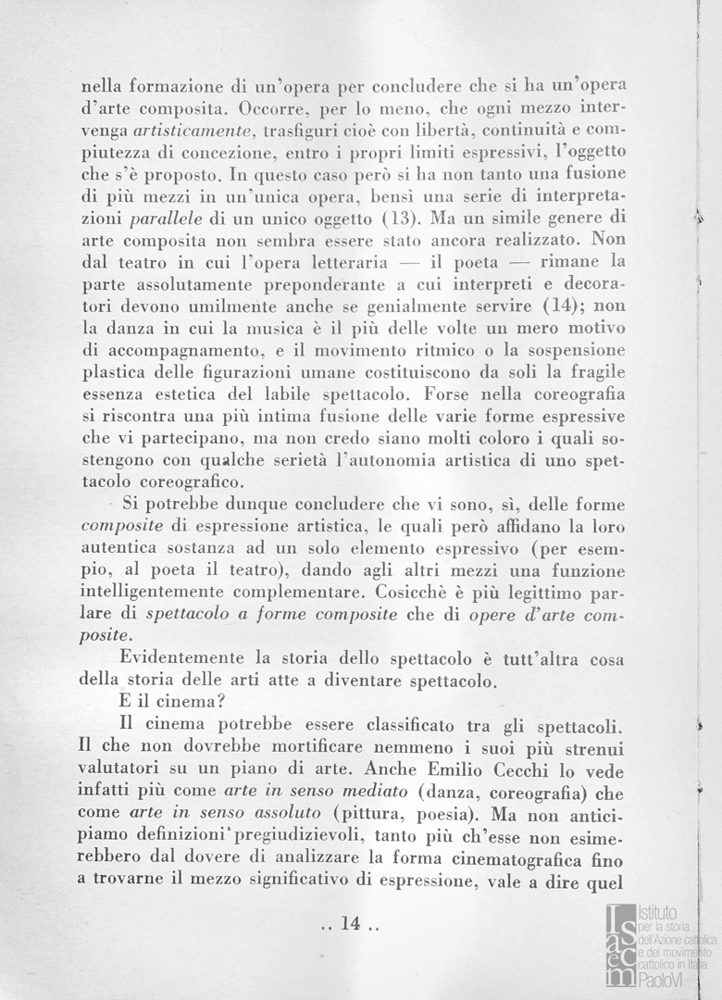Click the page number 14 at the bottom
click(x=349, y=923)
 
